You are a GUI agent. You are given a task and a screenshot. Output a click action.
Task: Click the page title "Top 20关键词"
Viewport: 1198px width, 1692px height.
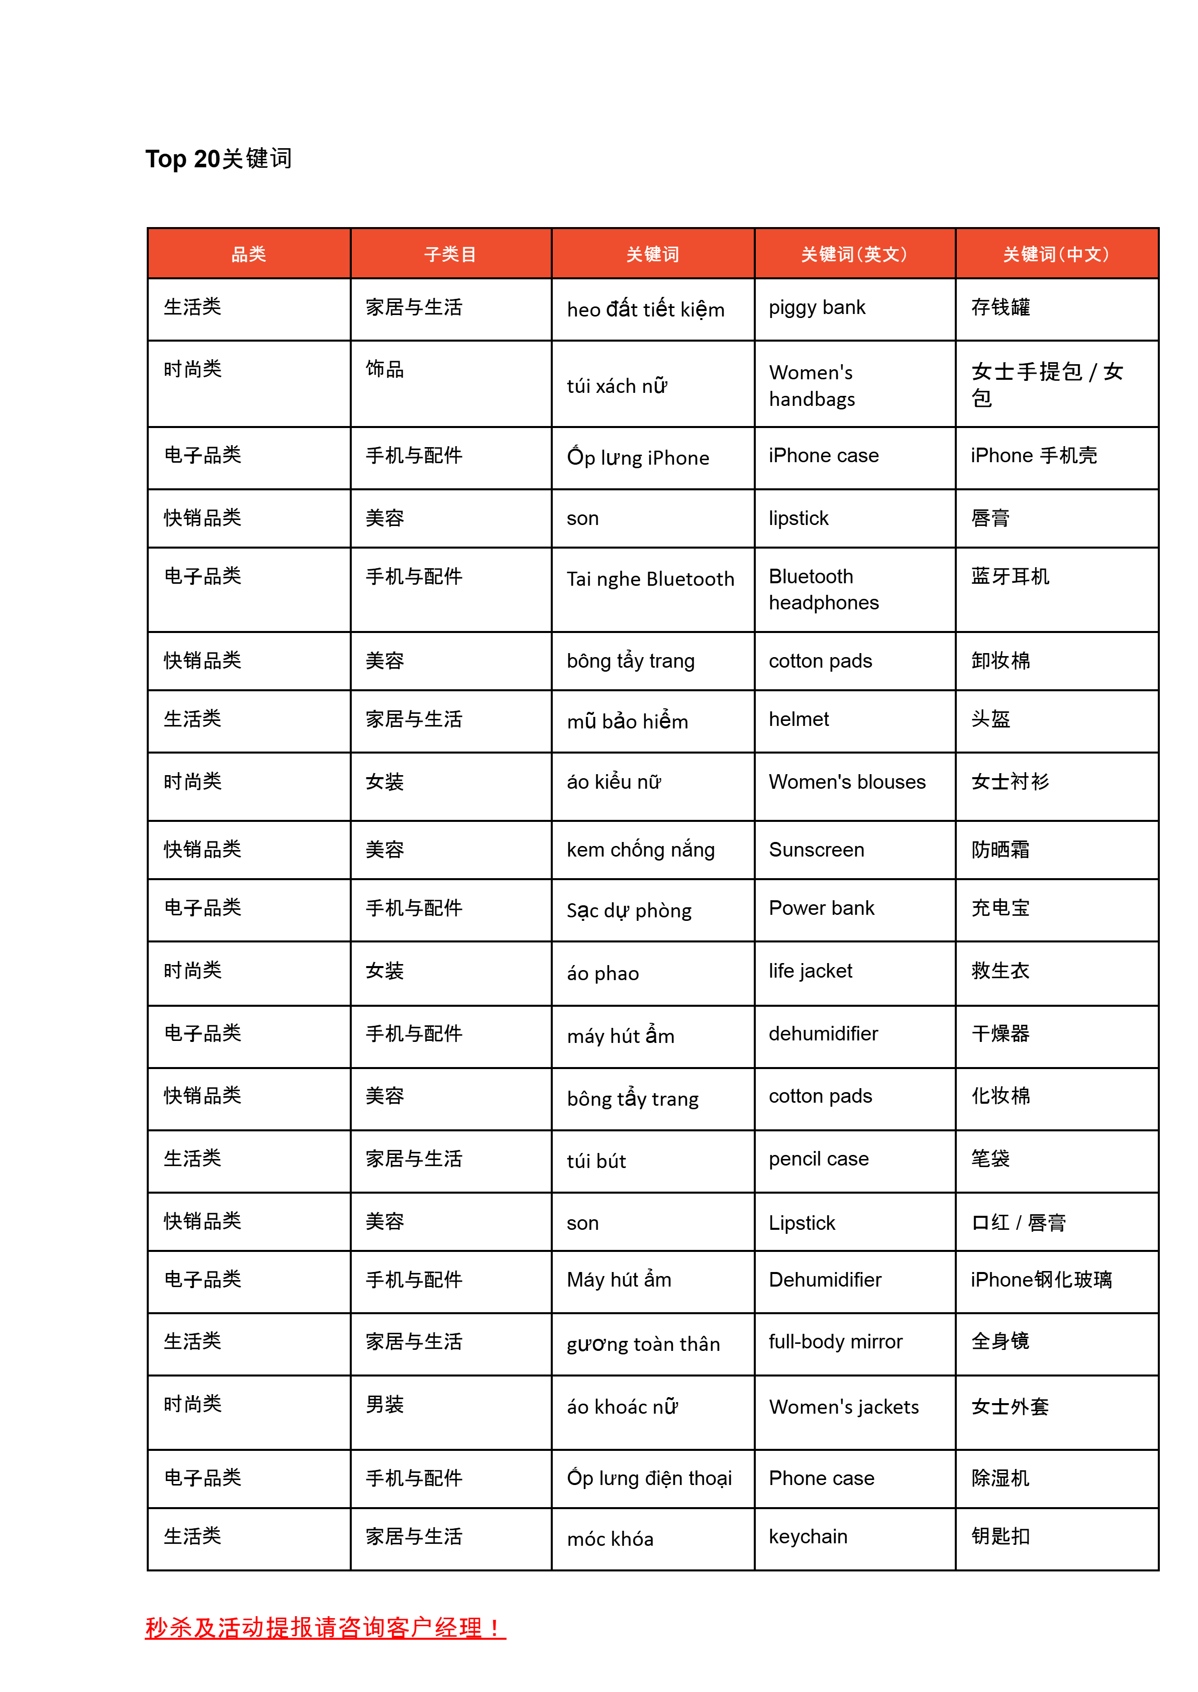pyautogui.click(x=219, y=159)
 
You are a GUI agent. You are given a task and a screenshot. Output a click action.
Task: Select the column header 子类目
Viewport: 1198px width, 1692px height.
pyautogui.click(x=450, y=254)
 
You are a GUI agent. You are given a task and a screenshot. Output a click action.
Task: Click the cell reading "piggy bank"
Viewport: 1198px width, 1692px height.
pyautogui.click(x=817, y=307)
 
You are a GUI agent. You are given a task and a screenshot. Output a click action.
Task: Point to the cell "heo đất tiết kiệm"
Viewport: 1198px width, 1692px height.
pyautogui.click(x=645, y=309)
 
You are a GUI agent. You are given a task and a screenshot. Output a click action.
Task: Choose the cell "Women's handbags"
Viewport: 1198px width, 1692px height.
pyautogui.click(x=812, y=386)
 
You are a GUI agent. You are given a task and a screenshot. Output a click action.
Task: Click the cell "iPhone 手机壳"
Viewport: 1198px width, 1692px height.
pyautogui.click(x=1034, y=456)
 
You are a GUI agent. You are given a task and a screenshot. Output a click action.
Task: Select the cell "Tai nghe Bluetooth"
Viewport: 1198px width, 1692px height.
pyautogui.click(x=650, y=579)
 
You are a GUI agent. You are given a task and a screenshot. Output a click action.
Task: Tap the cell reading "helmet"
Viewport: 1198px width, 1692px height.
pyautogui.click(x=799, y=719)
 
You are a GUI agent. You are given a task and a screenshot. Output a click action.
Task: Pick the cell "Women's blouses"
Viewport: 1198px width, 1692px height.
pyautogui.click(x=847, y=782)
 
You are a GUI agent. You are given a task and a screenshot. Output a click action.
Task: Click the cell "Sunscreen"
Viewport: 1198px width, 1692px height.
pyautogui.click(x=816, y=850)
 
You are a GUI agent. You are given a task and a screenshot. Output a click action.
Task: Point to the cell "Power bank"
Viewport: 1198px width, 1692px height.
pyautogui.click(x=821, y=908)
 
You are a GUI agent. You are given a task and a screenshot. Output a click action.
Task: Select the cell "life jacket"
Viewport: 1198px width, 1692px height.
pyautogui.click(x=810, y=971)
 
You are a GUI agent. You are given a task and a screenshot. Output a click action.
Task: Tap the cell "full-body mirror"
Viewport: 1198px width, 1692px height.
pyautogui.click(x=835, y=1342)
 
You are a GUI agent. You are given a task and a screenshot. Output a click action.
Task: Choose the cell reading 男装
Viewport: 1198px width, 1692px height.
pyautogui.click(x=384, y=1405)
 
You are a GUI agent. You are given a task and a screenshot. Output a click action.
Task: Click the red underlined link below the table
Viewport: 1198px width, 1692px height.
pyautogui.click(x=325, y=1628)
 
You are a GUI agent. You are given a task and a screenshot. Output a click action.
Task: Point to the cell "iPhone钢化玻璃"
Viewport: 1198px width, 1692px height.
pyautogui.click(x=1041, y=1280)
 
